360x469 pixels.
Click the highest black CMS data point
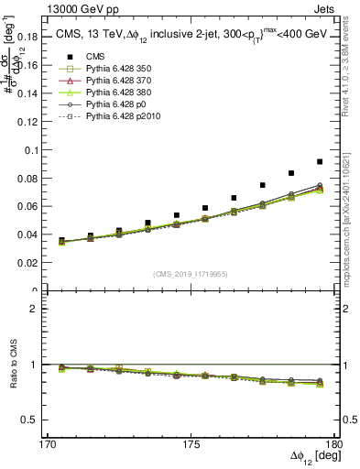(x=320, y=161)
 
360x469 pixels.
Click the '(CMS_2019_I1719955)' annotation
(x=191, y=273)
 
